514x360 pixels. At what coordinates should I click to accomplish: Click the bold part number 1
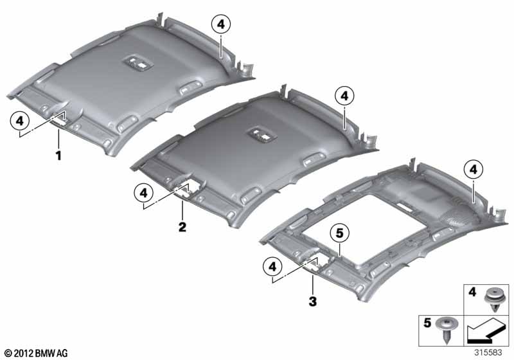click(58, 156)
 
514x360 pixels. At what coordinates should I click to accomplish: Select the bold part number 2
click(182, 226)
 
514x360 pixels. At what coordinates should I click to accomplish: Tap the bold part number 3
click(313, 301)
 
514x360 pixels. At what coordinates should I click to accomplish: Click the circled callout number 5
click(339, 233)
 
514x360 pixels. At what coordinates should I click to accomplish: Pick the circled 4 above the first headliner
click(221, 24)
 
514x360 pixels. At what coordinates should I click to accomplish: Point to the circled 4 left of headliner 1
click(20, 121)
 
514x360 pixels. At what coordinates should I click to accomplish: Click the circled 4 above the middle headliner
click(344, 96)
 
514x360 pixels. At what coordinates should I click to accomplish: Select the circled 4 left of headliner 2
click(143, 193)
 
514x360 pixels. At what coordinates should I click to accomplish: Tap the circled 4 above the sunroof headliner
click(474, 170)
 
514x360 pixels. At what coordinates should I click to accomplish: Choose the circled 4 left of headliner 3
click(272, 267)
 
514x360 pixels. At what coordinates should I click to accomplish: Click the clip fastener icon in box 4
click(493, 300)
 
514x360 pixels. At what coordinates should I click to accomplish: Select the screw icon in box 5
click(445, 330)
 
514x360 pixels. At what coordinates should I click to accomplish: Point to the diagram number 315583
click(488, 352)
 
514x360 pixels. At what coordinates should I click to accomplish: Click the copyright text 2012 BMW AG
click(37, 353)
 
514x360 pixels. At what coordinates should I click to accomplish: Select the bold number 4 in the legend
click(472, 291)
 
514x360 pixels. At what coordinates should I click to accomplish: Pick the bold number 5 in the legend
click(427, 323)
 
